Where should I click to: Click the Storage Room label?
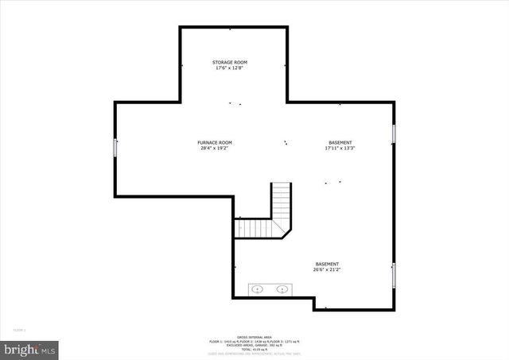point(229,62)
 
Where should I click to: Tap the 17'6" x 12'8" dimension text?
point(229,68)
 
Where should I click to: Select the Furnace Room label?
point(215,142)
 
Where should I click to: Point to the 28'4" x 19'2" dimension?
point(215,149)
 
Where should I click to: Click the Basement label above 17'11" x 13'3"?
point(340,142)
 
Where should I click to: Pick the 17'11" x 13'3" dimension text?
point(340,149)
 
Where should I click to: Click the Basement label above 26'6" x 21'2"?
point(327,264)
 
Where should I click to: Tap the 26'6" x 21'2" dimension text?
point(327,270)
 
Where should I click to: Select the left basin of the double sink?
point(258,290)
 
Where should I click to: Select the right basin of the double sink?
point(282,290)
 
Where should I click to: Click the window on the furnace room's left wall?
point(116,147)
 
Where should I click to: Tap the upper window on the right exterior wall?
point(394,134)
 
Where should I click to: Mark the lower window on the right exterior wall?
point(394,275)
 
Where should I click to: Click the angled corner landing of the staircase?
point(282,229)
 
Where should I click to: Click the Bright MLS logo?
point(29,348)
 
